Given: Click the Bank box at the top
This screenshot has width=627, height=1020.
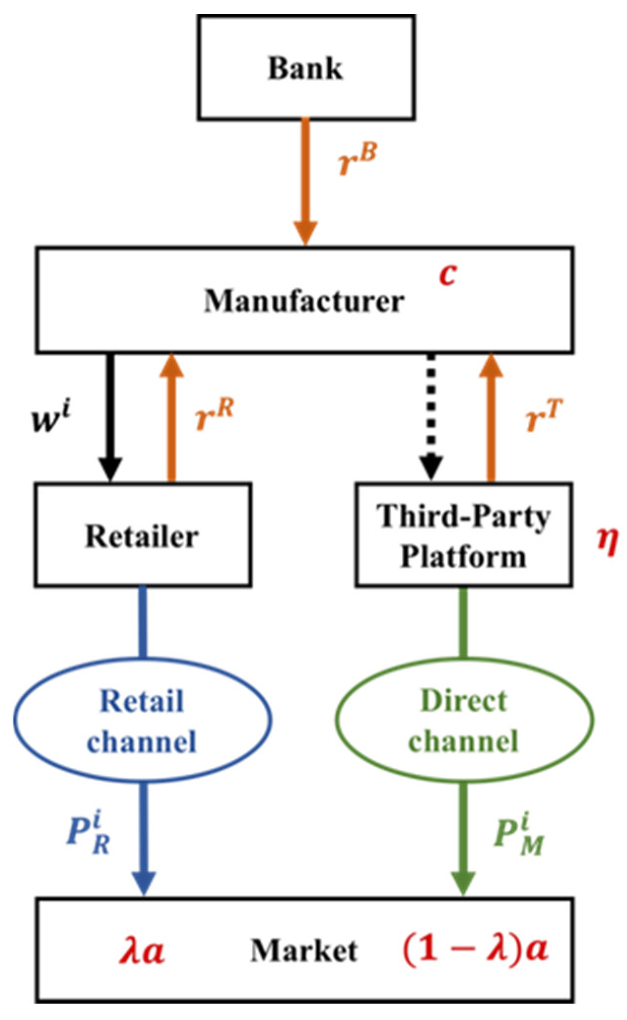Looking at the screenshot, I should tap(305, 68).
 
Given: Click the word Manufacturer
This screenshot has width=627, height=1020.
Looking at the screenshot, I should tap(304, 301).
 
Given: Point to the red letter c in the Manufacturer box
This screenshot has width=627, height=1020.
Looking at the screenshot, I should tap(447, 275).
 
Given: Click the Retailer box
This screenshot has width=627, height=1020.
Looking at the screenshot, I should tap(143, 535).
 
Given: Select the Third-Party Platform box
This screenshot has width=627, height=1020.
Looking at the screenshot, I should tap(463, 535).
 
